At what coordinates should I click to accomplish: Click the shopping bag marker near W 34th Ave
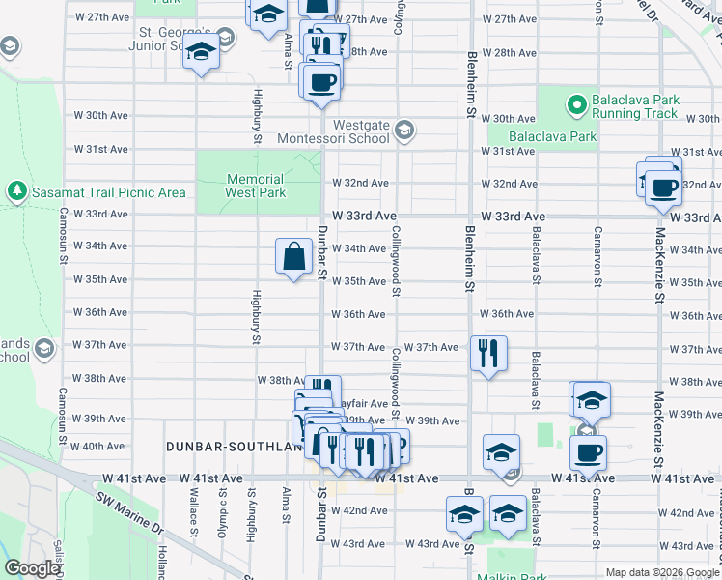tap(295, 257)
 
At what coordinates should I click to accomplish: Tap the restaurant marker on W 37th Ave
tap(488, 353)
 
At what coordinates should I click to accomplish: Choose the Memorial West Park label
tap(256, 186)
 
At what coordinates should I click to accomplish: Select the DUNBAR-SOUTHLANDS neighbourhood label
tap(228, 447)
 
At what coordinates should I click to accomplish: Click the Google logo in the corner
tap(32, 568)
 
